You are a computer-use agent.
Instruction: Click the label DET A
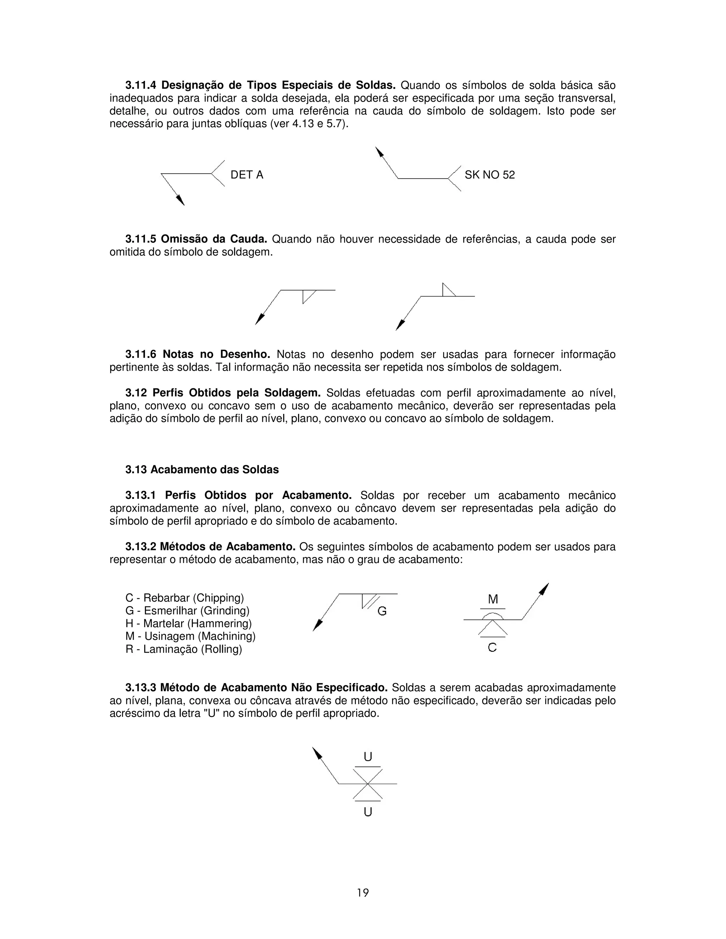coord(246,175)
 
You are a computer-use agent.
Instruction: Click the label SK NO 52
coord(490,175)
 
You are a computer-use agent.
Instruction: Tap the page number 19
coord(363,893)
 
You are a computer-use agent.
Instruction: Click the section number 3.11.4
coord(141,85)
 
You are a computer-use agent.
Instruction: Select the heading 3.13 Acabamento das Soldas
coord(202,469)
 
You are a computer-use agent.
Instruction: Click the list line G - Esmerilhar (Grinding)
coord(187,611)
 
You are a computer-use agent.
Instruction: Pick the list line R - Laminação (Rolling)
coord(184,649)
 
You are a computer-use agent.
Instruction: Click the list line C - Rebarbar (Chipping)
coord(184,598)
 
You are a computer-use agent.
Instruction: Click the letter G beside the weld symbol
coord(382,611)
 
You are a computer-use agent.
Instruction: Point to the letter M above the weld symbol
coord(493,599)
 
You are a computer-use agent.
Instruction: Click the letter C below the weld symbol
coord(492,647)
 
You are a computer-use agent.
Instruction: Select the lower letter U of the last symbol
coord(368,812)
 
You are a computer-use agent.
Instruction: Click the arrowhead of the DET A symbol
coord(181,200)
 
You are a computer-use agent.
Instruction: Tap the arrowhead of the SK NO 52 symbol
coord(379,152)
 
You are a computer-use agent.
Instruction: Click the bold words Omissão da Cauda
coord(214,239)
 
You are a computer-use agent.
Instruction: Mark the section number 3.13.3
coord(141,687)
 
